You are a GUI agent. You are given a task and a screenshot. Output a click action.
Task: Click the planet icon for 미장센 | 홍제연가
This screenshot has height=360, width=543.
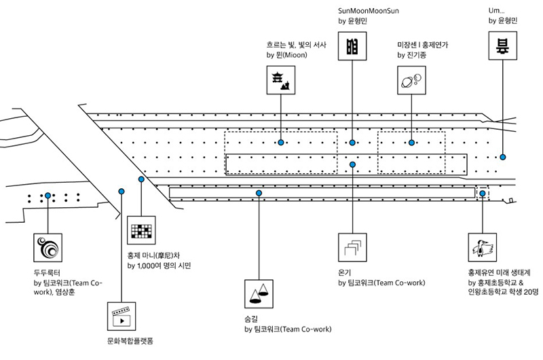[x=411, y=80]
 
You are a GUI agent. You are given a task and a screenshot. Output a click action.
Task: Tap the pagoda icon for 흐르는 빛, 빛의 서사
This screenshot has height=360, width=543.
[x=281, y=80]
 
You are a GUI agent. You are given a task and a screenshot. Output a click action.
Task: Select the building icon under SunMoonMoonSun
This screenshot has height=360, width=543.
[x=352, y=46]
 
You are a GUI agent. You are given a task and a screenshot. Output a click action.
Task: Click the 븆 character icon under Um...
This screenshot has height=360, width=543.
[x=502, y=46]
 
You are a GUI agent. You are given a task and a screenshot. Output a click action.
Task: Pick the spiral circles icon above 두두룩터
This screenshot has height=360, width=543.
[x=48, y=247]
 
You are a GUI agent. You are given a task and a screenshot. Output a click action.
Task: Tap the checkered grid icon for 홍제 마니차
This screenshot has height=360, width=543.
[x=141, y=230]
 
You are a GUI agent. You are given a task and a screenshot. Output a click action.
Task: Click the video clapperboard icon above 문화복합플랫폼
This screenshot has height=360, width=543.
[x=121, y=317]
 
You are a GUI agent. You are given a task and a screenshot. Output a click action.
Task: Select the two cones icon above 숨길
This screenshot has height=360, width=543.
[x=259, y=294]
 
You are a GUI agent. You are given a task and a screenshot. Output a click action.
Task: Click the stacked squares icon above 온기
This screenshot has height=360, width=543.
[x=352, y=247]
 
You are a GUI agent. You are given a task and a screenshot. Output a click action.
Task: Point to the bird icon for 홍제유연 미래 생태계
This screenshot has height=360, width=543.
[x=483, y=247]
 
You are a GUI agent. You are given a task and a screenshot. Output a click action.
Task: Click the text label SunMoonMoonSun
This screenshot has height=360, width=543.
[x=369, y=11]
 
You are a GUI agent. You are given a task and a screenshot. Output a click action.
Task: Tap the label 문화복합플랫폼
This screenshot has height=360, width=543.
[x=130, y=341]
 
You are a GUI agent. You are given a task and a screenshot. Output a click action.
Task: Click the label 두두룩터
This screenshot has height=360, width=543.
[x=47, y=272]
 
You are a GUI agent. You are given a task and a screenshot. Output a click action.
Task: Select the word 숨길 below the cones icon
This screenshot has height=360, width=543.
[x=251, y=319]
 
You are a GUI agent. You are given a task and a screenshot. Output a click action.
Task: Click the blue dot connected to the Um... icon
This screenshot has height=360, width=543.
[x=502, y=157]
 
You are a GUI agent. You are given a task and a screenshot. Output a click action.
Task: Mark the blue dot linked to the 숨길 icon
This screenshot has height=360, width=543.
[x=259, y=193]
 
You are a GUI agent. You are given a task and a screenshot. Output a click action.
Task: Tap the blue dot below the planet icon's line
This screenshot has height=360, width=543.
[x=411, y=143]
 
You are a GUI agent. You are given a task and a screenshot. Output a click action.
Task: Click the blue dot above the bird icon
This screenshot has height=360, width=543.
[x=483, y=193]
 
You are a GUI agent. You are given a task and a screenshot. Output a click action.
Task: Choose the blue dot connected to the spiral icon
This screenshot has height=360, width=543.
[x=48, y=196]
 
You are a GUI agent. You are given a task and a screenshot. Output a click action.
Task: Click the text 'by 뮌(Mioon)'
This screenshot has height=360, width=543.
[x=286, y=55]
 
